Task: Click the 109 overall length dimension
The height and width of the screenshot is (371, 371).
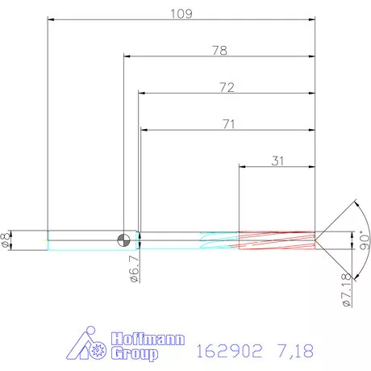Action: coord(181,13)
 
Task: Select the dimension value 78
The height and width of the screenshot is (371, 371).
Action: coord(219,50)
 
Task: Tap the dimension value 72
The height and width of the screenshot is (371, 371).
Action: coord(226,87)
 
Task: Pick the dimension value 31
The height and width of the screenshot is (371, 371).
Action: coord(277,160)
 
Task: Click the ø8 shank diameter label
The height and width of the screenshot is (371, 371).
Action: coord(6,240)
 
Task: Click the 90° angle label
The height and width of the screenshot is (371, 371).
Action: coord(363,240)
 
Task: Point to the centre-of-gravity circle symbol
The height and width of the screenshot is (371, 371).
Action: coord(123,239)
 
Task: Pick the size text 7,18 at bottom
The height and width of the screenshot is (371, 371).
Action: coord(294,351)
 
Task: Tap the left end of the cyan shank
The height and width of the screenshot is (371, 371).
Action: coord(48,240)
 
